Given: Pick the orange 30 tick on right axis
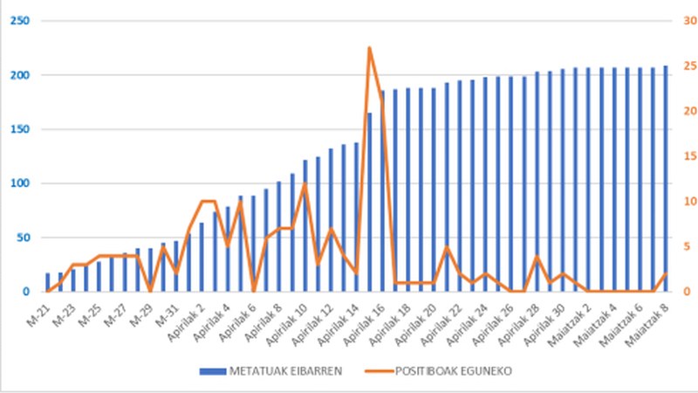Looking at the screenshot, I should click(688, 21).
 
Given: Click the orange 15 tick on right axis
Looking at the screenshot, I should click(688, 156).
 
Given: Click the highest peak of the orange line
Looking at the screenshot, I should click(369, 48).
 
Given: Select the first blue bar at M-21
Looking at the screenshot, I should click(48, 282).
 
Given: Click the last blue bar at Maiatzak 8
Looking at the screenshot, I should click(666, 179).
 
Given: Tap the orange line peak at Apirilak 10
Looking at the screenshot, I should click(305, 184).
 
